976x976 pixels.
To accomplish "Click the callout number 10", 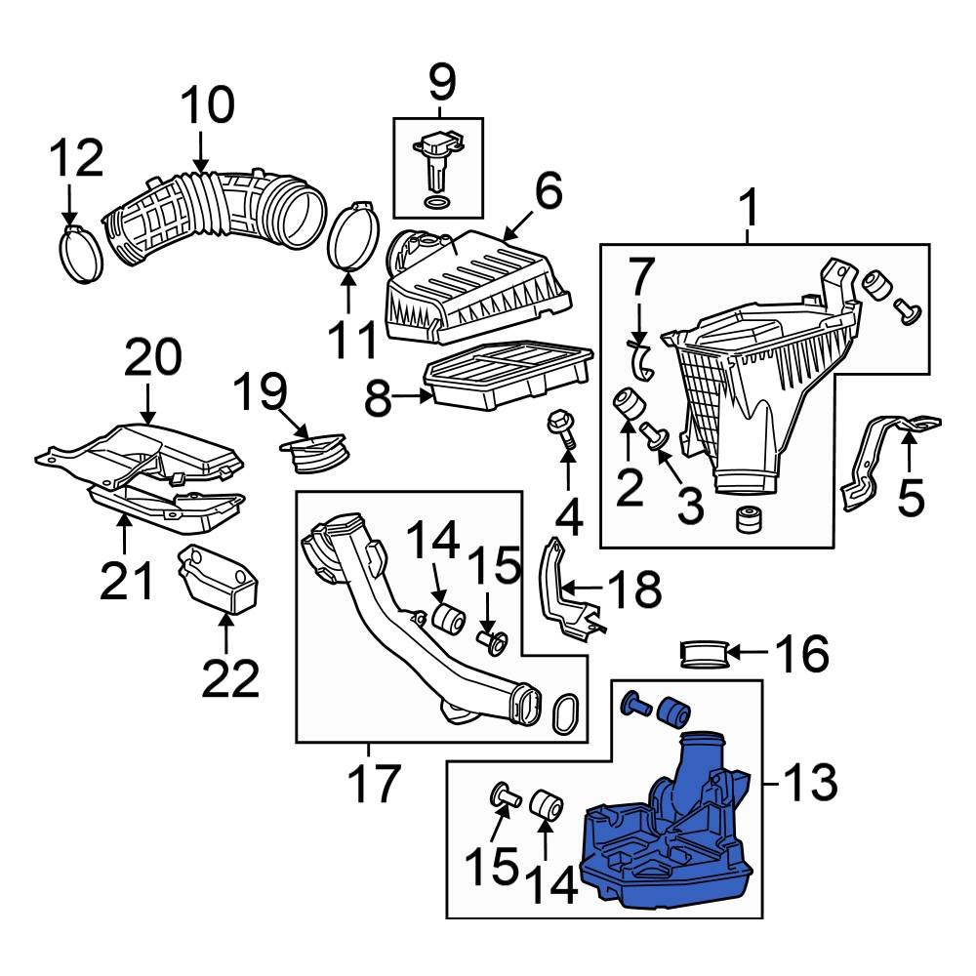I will [x=206, y=105].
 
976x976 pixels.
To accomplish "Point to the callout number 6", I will [x=548, y=192].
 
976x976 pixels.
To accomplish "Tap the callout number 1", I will [x=749, y=207].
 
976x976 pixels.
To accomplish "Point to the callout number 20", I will [x=151, y=358].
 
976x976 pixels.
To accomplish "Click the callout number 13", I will [x=810, y=782].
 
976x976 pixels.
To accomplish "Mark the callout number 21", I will [x=127, y=581].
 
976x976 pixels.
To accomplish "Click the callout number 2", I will [x=630, y=485].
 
